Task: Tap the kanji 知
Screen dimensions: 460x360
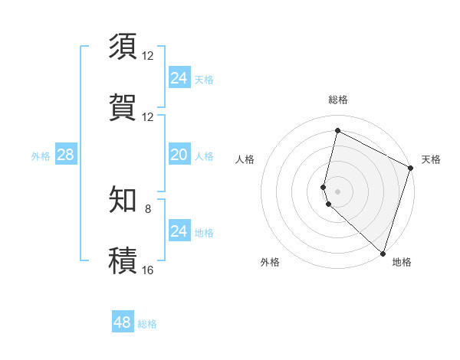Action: click(x=123, y=200)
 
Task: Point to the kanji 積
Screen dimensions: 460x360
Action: click(x=123, y=260)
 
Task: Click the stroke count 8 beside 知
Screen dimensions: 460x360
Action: click(x=148, y=209)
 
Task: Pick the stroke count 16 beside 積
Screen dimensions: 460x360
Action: click(x=148, y=270)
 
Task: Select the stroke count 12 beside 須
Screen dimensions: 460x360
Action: click(x=148, y=56)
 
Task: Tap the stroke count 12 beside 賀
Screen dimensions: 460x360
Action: click(x=148, y=116)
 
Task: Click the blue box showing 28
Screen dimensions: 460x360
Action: click(x=66, y=155)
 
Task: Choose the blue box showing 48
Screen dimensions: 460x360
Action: click(x=123, y=322)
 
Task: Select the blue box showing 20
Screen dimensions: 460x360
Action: click(x=179, y=155)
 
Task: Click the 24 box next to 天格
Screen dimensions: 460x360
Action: click(x=179, y=78)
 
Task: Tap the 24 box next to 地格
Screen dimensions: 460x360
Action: click(x=179, y=231)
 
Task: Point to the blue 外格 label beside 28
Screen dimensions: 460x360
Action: click(x=41, y=156)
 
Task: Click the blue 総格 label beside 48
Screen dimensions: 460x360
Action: click(x=147, y=324)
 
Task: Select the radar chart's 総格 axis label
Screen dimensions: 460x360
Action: click(x=338, y=100)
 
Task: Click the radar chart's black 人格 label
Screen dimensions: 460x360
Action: click(x=245, y=159)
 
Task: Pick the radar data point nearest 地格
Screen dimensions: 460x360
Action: click(x=383, y=253)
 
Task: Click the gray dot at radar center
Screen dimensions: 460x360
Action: click(x=338, y=191)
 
